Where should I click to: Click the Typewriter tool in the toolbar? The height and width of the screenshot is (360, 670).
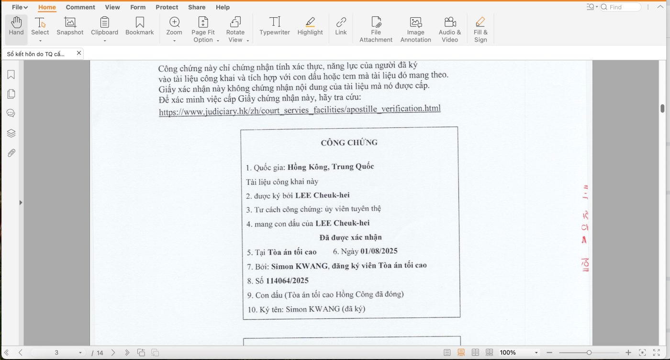[275, 26]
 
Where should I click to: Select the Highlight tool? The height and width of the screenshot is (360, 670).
[310, 26]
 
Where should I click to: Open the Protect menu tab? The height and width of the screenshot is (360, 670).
[167, 7]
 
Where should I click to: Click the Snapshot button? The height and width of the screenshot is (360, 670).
[70, 26]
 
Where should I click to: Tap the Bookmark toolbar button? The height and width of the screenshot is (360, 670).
[139, 26]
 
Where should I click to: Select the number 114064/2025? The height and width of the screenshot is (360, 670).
[287, 281]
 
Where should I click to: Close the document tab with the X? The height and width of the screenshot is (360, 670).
[79, 53]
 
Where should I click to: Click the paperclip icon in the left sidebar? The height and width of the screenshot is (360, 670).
[11, 153]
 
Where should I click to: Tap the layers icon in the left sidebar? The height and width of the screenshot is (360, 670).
[11, 133]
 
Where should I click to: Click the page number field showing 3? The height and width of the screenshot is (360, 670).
[56, 353]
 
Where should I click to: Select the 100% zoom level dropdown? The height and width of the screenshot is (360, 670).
[519, 353]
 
